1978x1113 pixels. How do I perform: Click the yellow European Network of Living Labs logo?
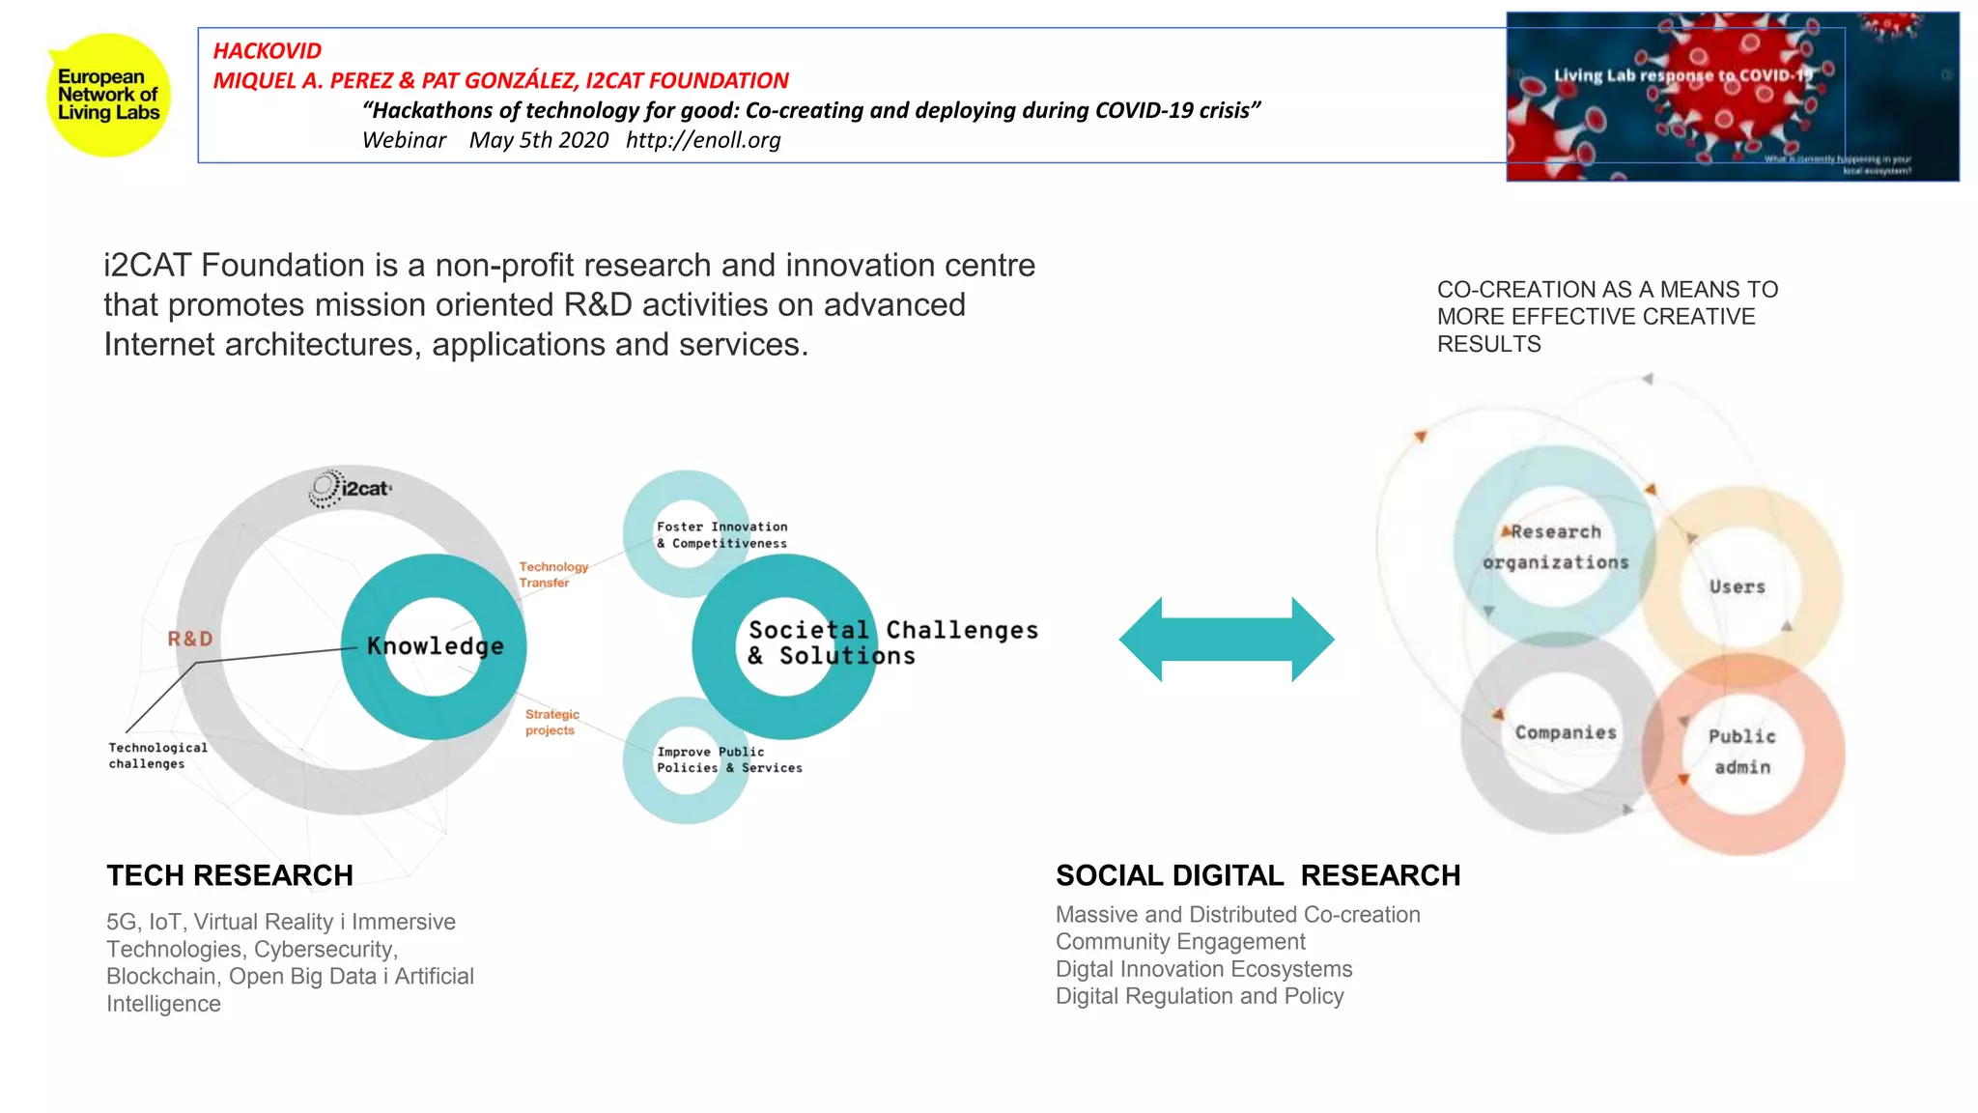click(108, 95)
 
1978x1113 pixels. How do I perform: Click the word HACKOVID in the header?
click(267, 50)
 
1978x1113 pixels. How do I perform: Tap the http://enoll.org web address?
click(702, 140)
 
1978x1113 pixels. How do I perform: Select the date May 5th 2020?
click(538, 140)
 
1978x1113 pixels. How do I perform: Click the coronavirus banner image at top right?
click(1732, 97)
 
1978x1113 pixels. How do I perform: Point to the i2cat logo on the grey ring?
click(352, 489)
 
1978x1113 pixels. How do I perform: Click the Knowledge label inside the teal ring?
click(435, 645)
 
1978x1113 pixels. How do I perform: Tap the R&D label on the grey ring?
click(190, 639)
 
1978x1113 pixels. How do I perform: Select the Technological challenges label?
click(157, 756)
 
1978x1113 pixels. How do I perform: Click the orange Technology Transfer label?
click(552, 574)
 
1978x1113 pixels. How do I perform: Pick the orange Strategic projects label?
click(551, 722)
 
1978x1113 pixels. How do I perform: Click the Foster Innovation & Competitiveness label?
click(721, 534)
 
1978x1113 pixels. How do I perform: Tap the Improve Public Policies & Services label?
click(728, 759)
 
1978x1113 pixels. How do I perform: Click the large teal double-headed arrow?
click(1227, 639)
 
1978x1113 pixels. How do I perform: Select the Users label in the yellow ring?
click(1737, 586)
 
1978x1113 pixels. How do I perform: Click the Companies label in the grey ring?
click(1565, 732)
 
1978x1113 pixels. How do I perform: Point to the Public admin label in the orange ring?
click(1741, 751)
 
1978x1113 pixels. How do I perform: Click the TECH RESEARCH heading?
click(230, 875)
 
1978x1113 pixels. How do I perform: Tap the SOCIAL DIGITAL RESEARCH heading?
click(1257, 875)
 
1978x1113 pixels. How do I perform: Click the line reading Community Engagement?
click(1179, 941)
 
